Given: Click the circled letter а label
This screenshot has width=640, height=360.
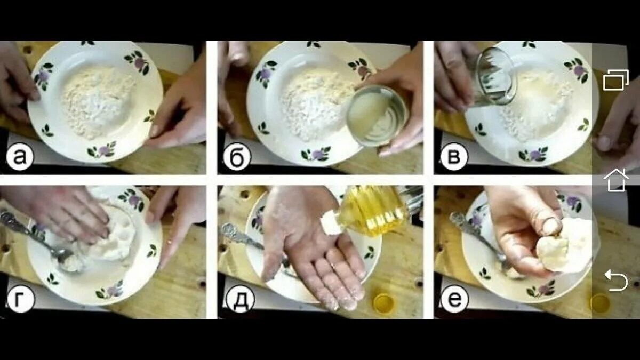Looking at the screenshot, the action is (20, 157).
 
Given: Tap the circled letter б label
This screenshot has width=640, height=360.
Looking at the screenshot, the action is (237, 157).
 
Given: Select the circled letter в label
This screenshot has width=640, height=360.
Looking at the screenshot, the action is (454, 157).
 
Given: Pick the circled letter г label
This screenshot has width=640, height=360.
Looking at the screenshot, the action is (21, 299).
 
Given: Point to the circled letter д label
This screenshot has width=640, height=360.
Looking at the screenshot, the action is (240, 299).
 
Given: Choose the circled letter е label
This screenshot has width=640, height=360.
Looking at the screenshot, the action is (455, 299).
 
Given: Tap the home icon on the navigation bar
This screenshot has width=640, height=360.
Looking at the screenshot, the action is (616, 180).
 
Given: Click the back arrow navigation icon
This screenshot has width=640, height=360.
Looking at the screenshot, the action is (616, 281).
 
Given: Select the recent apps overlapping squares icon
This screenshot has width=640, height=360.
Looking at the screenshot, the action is (615, 80).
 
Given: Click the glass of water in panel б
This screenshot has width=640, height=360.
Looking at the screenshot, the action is (377, 116).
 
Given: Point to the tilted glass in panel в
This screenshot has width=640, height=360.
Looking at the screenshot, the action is (495, 76).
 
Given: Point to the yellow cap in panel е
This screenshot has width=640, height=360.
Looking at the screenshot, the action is (599, 303).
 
